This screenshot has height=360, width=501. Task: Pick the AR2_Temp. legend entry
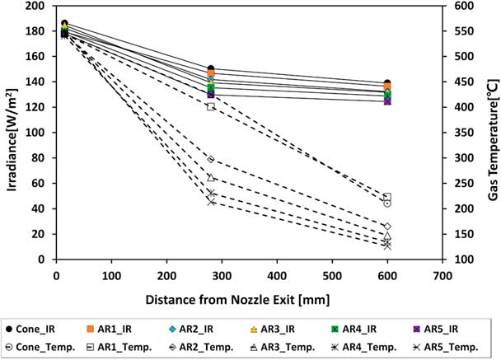205,347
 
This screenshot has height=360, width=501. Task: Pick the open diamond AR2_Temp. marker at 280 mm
211,159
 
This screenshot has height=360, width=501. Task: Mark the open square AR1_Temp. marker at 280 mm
211,107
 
